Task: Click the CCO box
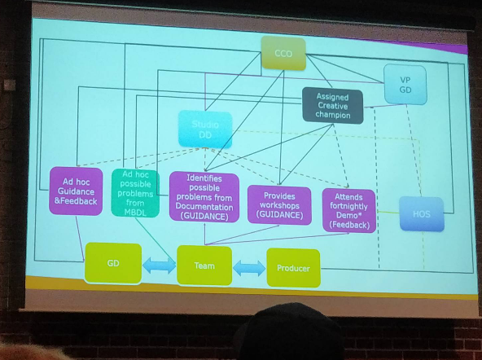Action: [283, 54]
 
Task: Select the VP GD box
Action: [405, 85]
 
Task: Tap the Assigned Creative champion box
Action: [333, 106]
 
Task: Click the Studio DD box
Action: [205, 130]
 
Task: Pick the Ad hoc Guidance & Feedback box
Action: [76, 191]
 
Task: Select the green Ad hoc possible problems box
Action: [135, 193]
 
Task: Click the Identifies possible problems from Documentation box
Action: [204, 197]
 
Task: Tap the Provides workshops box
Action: [279, 205]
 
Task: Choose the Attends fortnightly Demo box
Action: [349, 211]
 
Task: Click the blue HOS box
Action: [422, 214]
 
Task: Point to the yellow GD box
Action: [113, 263]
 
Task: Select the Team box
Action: [204, 266]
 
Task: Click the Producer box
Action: [294, 268]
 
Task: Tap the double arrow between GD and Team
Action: [160, 265]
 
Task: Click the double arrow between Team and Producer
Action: [249, 268]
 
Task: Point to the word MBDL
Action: [135, 212]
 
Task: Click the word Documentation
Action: [204, 207]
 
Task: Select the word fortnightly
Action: [349, 206]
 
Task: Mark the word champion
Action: [333, 115]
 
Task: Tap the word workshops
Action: [279, 205]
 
